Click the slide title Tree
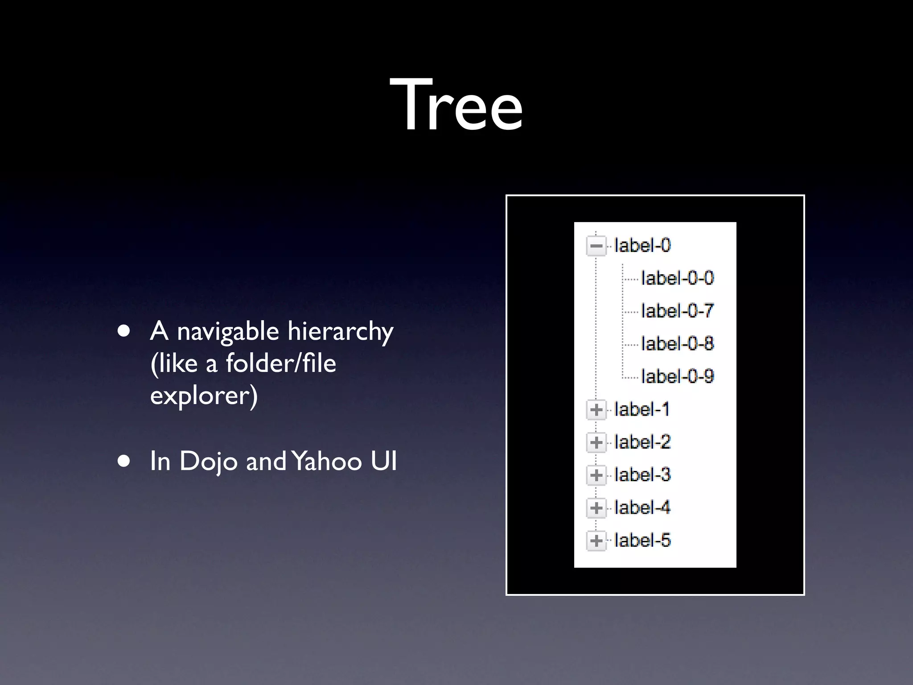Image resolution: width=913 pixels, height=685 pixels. point(456,105)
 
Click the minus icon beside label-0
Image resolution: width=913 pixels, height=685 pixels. point(596,246)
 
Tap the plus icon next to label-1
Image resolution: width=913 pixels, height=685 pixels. point(596,410)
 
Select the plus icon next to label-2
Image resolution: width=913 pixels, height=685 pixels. point(596,442)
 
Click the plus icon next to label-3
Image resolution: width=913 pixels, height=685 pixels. point(596,475)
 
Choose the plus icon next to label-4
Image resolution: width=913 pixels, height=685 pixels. point(596,508)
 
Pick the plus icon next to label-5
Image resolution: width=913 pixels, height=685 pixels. point(596,541)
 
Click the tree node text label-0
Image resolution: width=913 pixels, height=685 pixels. point(642,245)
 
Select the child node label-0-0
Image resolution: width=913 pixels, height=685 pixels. point(677,278)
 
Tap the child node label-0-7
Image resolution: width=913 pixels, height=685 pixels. point(677,311)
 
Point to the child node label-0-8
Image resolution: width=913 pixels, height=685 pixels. point(677,343)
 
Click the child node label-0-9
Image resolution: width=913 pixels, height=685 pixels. point(677,376)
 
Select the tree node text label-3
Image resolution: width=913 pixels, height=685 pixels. point(642,475)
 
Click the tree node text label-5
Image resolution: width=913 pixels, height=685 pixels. point(642,541)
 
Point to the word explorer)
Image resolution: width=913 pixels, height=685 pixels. point(204,396)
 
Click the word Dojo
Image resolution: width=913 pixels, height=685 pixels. point(208,462)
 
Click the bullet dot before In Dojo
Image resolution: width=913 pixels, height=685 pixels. point(124,461)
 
